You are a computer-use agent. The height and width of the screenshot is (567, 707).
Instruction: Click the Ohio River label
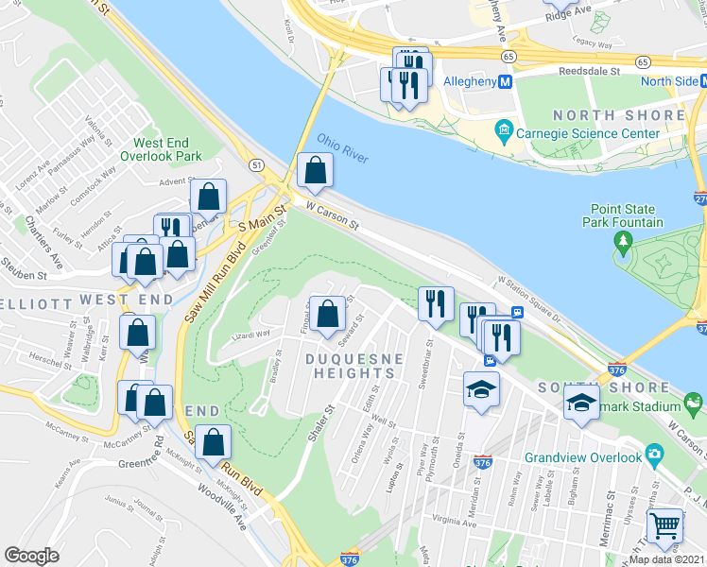tap(343, 147)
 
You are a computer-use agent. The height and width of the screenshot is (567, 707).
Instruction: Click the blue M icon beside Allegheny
tap(506, 82)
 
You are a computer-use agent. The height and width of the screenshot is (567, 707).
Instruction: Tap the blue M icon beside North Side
tap(702, 81)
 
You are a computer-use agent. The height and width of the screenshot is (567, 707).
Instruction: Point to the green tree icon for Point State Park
tap(623, 242)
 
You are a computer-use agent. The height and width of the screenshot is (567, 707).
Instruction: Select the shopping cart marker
tap(664, 524)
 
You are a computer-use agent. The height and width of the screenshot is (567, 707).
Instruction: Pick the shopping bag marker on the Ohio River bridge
tap(315, 171)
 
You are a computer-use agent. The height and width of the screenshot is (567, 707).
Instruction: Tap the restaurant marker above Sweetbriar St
tap(436, 303)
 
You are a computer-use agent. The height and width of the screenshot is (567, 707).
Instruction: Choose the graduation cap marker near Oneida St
tap(481, 388)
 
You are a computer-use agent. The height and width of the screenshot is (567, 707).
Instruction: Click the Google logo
tap(32, 555)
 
